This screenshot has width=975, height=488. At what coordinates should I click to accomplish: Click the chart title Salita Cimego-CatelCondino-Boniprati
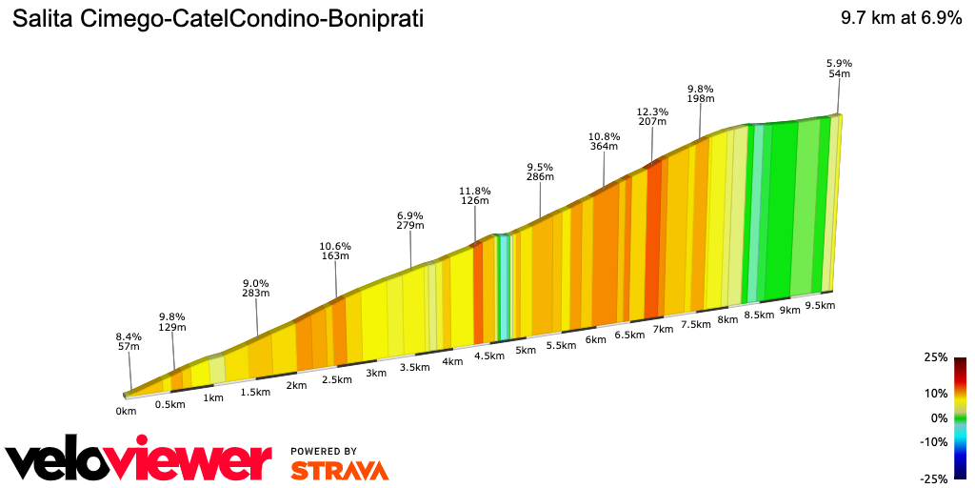218,19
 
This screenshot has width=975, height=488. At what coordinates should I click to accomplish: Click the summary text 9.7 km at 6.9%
900,19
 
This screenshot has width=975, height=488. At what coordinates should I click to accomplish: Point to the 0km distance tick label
126,411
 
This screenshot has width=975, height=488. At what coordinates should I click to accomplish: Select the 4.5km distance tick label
488,356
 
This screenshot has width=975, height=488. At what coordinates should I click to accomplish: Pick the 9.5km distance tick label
820,305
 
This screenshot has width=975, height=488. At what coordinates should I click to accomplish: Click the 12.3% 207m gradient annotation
652,117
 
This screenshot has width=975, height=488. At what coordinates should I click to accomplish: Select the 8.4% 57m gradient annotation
129,342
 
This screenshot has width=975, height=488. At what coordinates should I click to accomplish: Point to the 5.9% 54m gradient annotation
839,69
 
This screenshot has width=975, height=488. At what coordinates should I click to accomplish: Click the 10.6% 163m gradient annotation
335,251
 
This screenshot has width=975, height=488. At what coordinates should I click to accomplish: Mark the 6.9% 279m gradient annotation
410,220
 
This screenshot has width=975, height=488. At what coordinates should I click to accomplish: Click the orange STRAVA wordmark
339,470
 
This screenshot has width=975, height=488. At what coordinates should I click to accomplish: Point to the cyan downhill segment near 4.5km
505,286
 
